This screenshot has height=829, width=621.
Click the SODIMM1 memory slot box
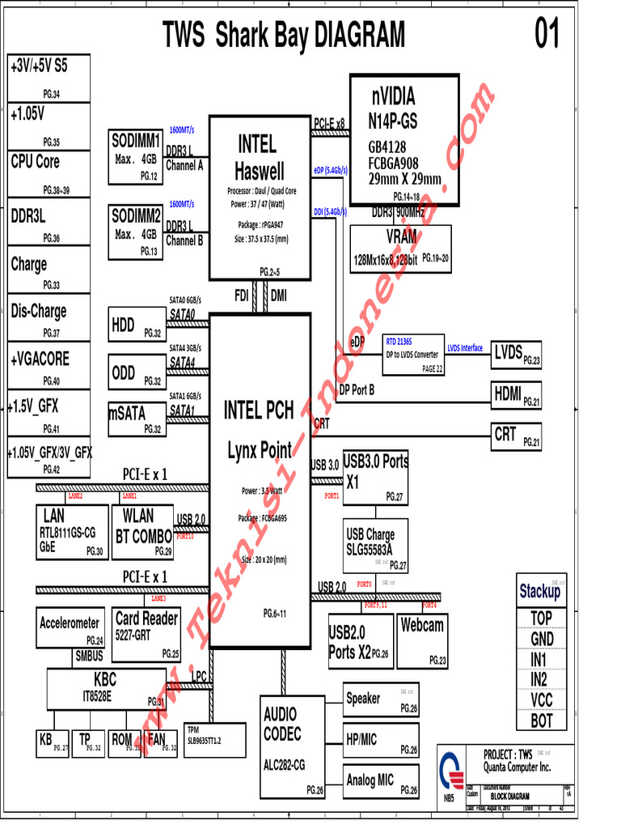pos(136,156)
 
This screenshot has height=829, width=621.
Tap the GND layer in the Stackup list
pos(542,639)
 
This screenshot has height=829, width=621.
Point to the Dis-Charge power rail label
pos(49,317)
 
